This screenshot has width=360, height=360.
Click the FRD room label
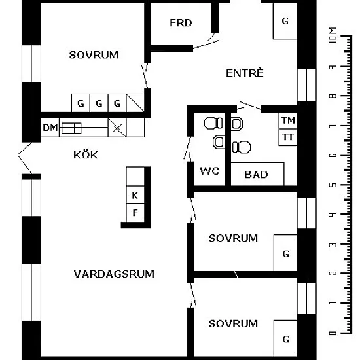181,23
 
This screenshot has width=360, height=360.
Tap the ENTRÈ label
245,73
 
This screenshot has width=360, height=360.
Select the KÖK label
86,154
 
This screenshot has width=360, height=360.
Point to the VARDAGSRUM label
114,274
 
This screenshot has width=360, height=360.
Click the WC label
209,171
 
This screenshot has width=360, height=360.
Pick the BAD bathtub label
256,175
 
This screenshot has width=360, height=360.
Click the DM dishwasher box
50,128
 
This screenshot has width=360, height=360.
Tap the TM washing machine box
288,120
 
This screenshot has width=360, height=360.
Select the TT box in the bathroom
288,137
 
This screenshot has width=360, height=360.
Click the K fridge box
135,194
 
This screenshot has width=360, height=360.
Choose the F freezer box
135,213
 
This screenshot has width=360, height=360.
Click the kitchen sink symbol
71,128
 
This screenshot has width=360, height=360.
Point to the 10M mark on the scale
333,35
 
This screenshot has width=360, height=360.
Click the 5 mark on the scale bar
333,185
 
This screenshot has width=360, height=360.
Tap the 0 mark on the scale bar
333,333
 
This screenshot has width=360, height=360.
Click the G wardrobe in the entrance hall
285,21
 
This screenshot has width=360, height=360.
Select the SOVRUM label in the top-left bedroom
94,55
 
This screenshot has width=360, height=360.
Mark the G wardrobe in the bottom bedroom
285,338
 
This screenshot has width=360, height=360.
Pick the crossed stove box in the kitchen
117,128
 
